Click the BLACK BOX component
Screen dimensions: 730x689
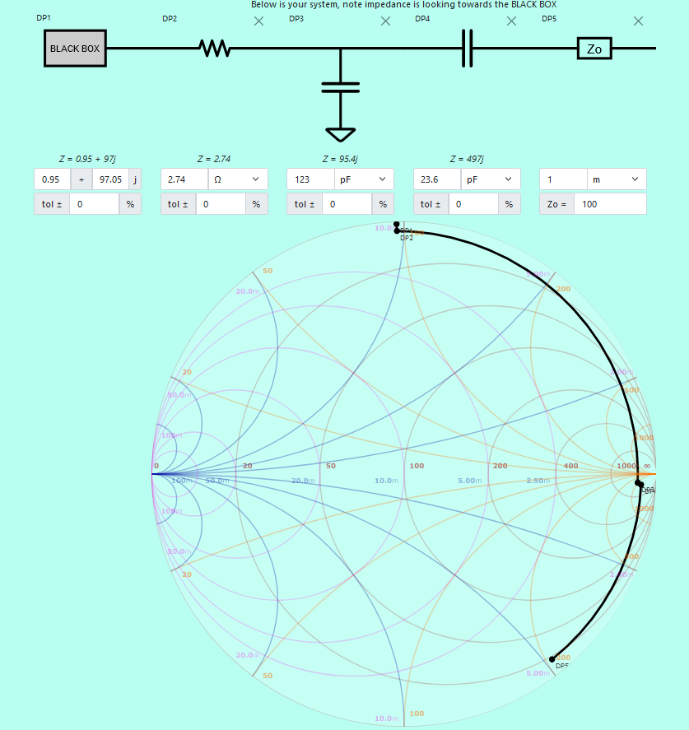75,49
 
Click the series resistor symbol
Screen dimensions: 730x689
215,49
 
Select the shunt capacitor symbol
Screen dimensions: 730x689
341,87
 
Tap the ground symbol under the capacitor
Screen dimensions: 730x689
341,133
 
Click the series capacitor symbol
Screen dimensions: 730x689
467,49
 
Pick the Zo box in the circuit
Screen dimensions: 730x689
594,49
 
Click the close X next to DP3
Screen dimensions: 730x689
385,21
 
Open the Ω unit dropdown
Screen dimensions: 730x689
237,179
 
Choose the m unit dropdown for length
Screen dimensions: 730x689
616,179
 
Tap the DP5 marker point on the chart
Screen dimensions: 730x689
552,659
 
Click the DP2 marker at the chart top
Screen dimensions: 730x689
397,231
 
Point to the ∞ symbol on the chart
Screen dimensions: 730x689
647,466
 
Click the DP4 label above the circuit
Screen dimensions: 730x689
421,18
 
